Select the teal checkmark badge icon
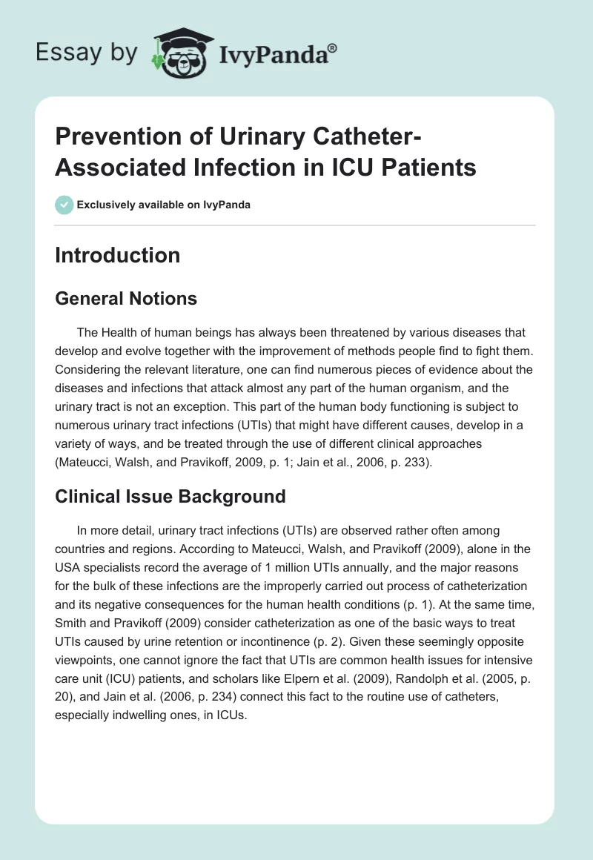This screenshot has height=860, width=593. coord(64,205)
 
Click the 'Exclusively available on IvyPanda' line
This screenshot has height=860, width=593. coord(163,205)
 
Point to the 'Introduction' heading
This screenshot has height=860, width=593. coord(118,255)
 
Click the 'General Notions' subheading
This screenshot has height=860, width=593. coord(126,298)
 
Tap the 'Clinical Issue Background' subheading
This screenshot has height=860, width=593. coord(170,496)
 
